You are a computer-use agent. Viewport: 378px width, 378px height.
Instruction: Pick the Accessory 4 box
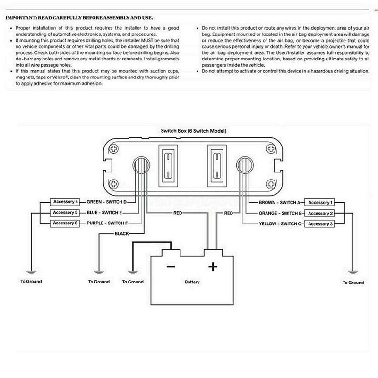(x=65, y=202)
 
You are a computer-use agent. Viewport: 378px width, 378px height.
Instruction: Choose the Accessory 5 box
(x=65, y=213)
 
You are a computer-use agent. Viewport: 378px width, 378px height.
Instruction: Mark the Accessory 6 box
(x=65, y=223)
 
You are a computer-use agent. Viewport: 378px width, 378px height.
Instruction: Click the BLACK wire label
(x=122, y=234)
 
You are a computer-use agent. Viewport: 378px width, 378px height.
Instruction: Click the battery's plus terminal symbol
(x=213, y=267)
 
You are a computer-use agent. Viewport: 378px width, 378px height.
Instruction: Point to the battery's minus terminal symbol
(x=171, y=267)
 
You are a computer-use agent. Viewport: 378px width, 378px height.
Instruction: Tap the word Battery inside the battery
(x=192, y=282)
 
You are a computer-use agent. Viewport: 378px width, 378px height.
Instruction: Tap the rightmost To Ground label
(x=353, y=283)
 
